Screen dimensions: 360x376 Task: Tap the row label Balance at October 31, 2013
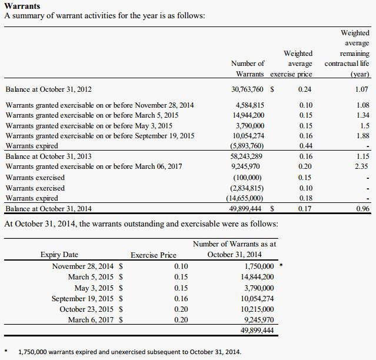point(48,157)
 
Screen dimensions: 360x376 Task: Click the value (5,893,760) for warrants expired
point(247,146)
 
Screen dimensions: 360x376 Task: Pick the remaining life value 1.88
point(362,136)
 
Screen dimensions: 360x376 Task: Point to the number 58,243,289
point(248,157)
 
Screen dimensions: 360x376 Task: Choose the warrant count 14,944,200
point(248,115)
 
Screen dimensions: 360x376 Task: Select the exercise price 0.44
point(305,146)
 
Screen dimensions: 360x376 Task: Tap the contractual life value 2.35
point(362,166)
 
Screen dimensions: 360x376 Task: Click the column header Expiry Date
point(59,255)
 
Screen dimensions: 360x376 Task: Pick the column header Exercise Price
point(153,255)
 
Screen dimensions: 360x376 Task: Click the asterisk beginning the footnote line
point(6,352)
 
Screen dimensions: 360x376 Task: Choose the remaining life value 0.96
point(362,208)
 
